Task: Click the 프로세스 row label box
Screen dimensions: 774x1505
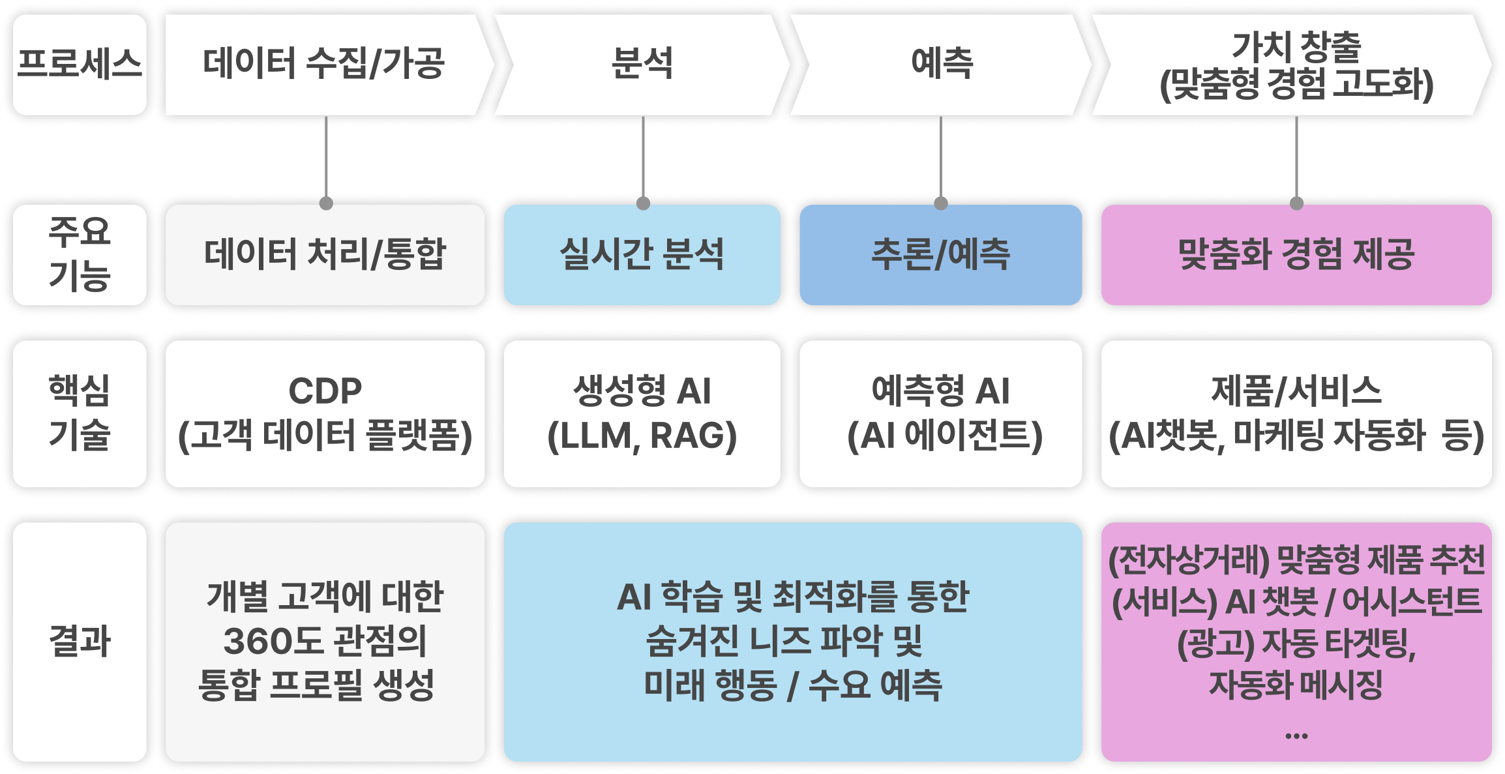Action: (x=80, y=64)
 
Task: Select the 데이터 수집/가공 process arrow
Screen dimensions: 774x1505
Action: (x=324, y=64)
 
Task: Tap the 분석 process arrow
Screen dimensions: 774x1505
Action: (x=642, y=64)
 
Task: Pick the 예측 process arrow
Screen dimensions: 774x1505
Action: (x=941, y=64)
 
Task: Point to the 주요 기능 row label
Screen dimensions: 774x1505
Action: (x=80, y=254)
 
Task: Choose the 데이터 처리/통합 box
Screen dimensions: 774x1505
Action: (x=325, y=254)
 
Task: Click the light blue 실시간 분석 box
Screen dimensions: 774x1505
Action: (x=642, y=254)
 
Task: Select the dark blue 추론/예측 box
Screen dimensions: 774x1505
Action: (x=940, y=254)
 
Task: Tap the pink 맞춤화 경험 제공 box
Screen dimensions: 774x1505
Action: (x=1296, y=254)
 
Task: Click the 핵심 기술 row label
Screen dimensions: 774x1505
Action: (x=80, y=413)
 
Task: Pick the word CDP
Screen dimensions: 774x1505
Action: (x=325, y=391)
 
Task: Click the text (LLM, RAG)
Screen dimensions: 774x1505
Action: (x=642, y=436)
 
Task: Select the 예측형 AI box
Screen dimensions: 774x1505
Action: (x=940, y=413)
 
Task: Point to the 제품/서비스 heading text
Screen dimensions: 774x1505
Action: (x=1296, y=391)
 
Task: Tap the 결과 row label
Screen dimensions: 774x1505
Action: (x=80, y=641)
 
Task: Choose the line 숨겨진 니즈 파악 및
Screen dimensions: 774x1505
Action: (x=784, y=641)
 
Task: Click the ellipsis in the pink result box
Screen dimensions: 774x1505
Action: (x=1296, y=736)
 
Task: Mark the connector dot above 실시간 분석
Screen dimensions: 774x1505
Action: (x=643, y=203)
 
